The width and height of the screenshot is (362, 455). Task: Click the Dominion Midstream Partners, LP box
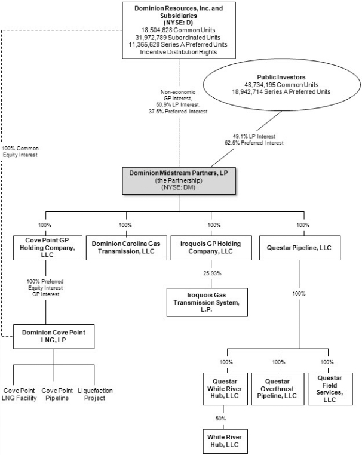(x=179, y=181)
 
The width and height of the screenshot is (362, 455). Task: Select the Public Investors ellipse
(x=281, y=85)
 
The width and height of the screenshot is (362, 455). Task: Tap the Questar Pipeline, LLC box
(x=300, y=248)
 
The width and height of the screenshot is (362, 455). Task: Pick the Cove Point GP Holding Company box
(x=48, y=248)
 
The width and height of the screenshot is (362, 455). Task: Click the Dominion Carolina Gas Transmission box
(x=126, y=248)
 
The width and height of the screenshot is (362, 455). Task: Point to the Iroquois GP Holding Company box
(x=211, y=248)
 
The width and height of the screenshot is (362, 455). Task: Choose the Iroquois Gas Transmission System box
(x=207, y=302)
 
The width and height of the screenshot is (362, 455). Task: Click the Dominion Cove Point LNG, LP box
(x=54, y=337)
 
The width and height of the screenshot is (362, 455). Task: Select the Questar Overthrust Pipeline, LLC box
(x=278, y=389)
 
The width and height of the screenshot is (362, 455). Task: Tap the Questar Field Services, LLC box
(x=330, y=389)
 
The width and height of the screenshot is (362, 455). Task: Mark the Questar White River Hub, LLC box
(x=225, y=389)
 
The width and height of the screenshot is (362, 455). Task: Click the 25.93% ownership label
(x=212, y=273)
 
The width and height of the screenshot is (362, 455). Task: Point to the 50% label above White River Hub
(x=220, y=419)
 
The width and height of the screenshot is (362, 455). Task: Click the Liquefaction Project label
(x=95, y=394)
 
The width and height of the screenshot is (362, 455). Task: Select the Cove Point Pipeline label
(x=57, y=394)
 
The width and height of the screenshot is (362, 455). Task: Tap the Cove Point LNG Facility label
(x=19, y=394)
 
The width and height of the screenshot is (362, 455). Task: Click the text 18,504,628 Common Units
(x=178, y=30)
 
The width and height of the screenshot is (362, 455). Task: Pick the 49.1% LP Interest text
(x=254, y=136)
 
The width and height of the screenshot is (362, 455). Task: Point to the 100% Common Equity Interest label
(x=20, y=152)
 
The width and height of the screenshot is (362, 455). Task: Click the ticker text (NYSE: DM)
(x=178, y=187)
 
